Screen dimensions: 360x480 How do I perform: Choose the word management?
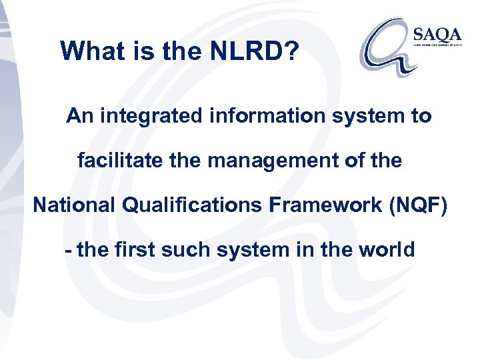coord(263,161)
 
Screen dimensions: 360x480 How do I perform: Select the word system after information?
coord(372,117)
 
